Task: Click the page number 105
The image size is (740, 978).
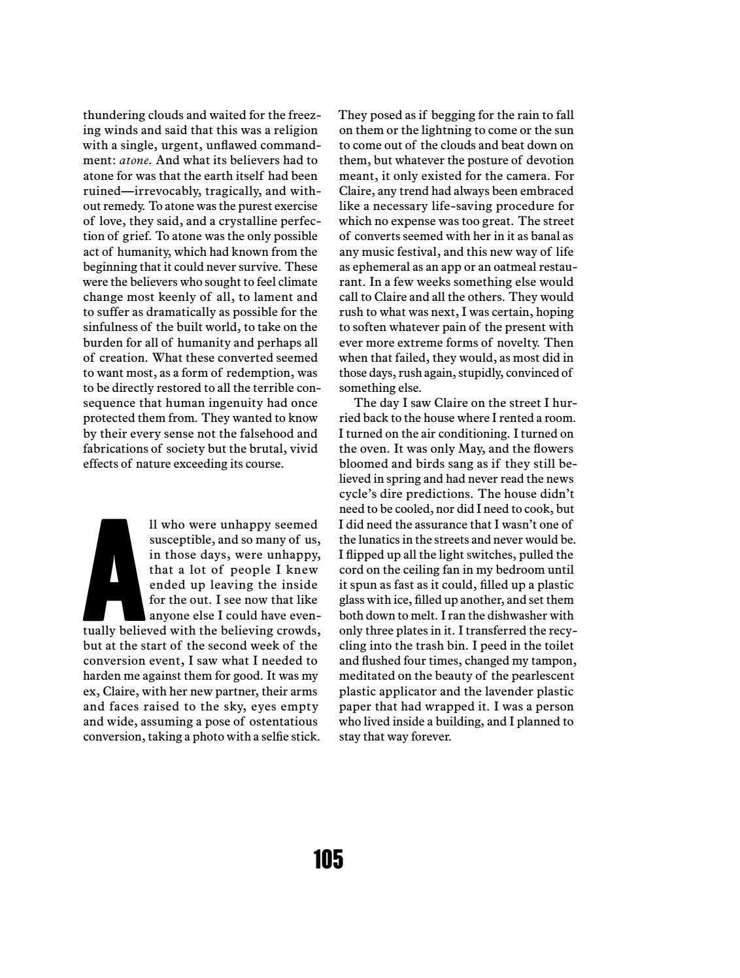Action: pos(328,858)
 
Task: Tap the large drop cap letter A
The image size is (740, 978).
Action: pos(114,570)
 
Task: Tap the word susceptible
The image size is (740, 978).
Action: pos(180,540)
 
